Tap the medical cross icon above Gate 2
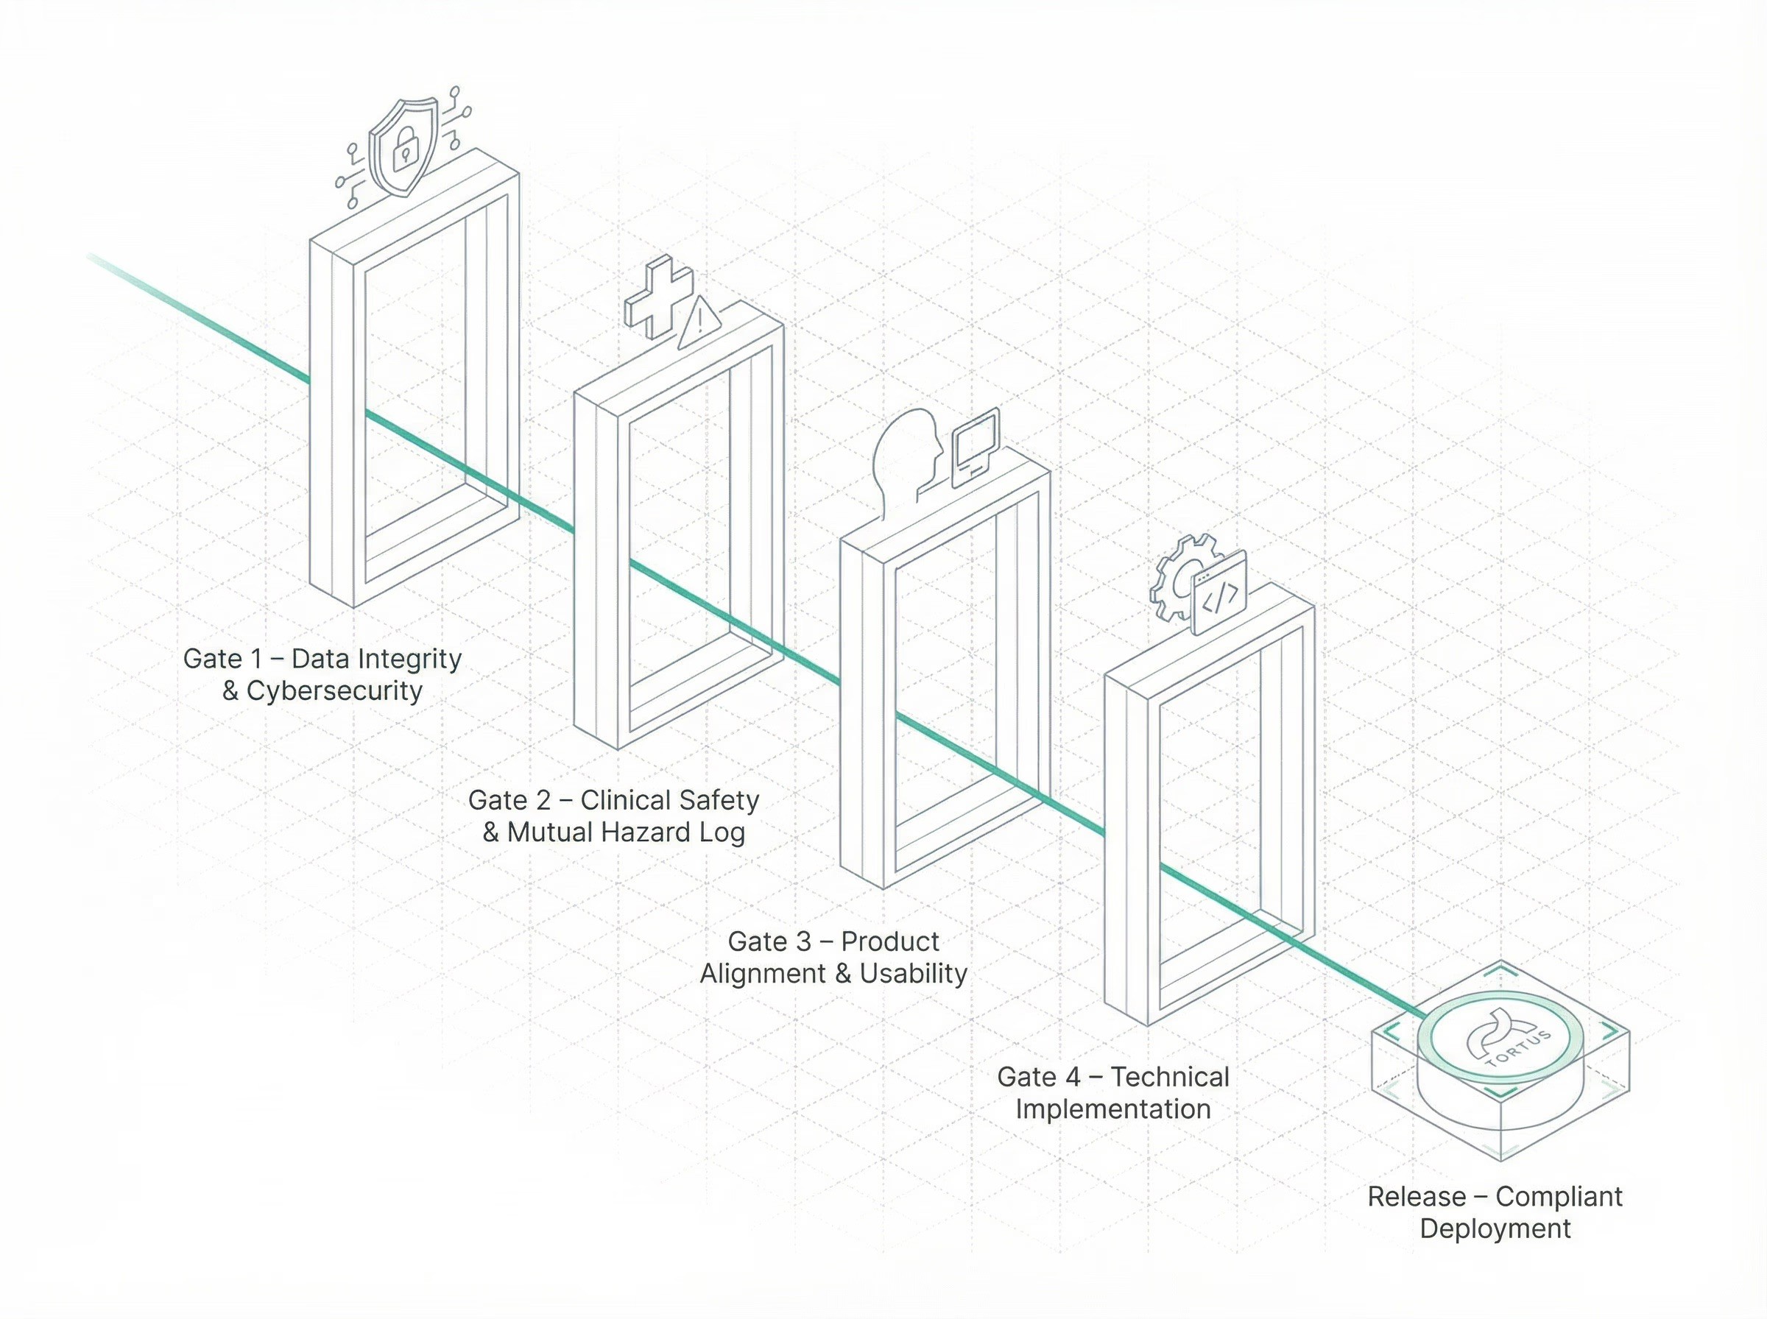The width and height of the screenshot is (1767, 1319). [658, 297]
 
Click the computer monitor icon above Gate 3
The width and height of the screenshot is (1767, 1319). [975, 445]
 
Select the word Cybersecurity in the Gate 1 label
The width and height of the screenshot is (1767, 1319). [334, 690]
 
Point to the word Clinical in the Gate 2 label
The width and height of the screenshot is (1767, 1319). [624, 800]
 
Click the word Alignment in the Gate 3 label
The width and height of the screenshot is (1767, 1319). [763, 973]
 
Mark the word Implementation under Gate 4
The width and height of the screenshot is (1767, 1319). [1113, 1109]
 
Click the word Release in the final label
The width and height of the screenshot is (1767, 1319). [1417, 1197]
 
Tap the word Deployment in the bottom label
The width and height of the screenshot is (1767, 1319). [1495, 1228]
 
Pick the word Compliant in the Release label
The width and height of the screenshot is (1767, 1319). [1559, 1197]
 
